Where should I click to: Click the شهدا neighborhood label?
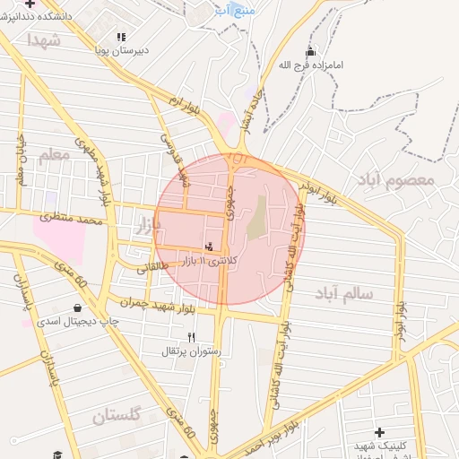point(43,40)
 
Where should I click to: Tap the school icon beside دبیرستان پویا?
point(120,37)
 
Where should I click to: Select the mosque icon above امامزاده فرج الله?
point(310,51)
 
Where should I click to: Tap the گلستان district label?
point(117,415)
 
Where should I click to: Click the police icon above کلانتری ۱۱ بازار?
point(209,247)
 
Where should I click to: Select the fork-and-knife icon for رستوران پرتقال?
point(191,337)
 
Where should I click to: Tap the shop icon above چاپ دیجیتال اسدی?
point(78,307)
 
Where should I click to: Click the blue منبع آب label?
point(236,10)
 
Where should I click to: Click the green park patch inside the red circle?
point(257,217)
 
